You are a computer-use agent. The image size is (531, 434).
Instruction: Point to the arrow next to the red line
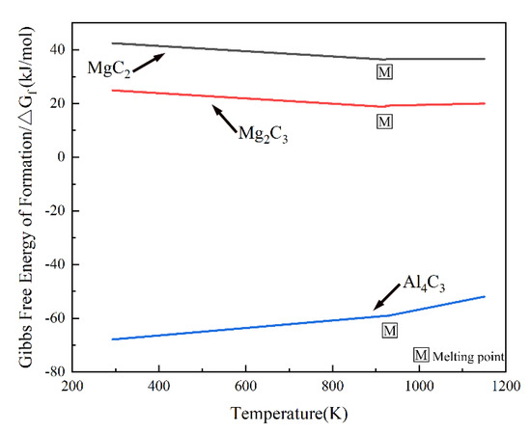(223, 118)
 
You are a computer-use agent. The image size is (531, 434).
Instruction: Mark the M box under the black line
(385, 71)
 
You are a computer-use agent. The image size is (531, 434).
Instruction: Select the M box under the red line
(385, 121)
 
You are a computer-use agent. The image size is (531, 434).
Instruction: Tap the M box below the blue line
(389, 331)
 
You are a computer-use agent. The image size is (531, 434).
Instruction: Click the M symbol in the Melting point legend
(421, 355)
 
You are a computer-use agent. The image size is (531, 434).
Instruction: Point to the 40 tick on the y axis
(60, 49)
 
